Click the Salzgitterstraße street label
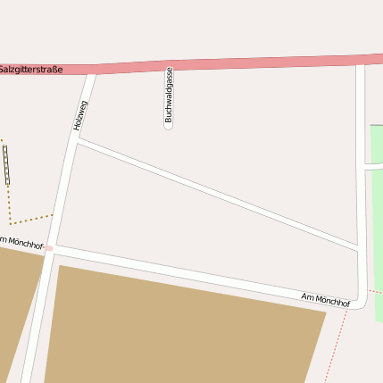31,69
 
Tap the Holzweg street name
81,116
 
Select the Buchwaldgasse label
169,96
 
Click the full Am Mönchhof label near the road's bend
325,300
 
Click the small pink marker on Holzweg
50,247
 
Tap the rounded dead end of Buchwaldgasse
168,126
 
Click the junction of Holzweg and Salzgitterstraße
90,71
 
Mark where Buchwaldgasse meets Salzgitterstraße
169,67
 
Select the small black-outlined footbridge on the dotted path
7,165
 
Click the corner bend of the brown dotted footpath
11,222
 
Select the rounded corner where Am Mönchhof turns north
361,298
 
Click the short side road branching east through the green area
374,167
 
